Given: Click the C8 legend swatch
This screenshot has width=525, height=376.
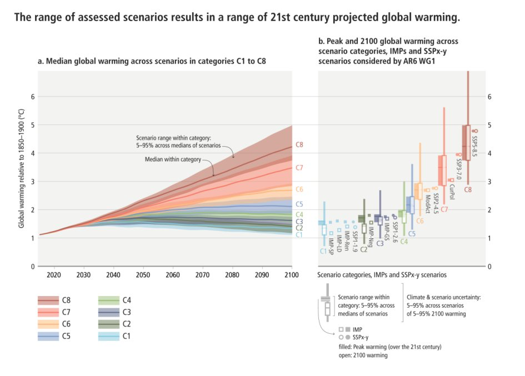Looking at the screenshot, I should click(48, 300).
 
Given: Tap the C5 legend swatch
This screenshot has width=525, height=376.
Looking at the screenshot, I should click(48, 336).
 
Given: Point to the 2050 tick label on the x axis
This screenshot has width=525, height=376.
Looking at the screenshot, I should click(143, 275).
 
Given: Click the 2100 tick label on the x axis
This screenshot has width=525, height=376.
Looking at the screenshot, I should click(292, 275).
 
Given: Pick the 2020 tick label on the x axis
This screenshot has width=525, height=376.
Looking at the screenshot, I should click(54, 275).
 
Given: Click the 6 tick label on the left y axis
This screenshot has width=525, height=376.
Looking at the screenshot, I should click(32, 97).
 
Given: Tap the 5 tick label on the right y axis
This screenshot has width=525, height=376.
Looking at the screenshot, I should click(489, 125).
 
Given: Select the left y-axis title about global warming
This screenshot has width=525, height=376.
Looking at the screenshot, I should click(22, 169).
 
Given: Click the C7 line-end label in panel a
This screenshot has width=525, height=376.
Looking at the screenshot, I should click(299, 167).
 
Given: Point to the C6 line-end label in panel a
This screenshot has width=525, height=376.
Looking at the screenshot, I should click(299, 189).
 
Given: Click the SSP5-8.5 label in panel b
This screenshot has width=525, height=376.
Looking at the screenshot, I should click(474, 145).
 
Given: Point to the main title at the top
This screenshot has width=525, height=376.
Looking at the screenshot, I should click(237, 18).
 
